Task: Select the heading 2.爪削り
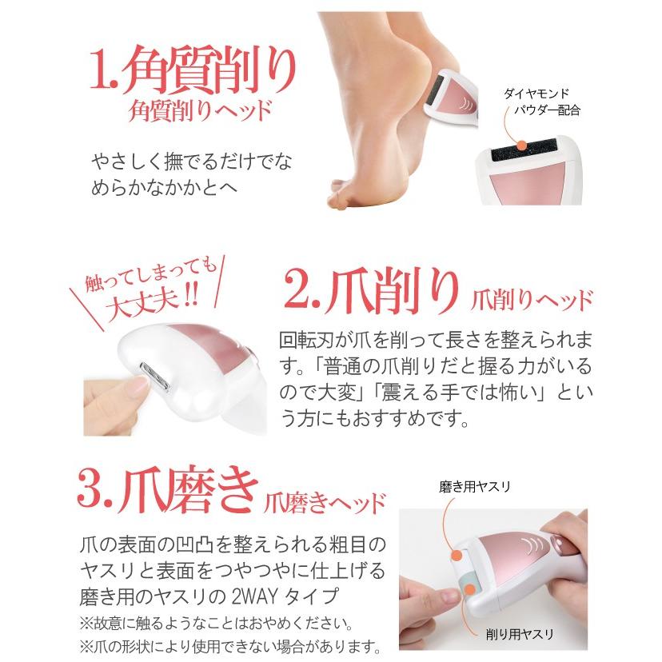[373, 293]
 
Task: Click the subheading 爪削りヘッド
[529, 301]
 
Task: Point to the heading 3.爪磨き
[168, 492]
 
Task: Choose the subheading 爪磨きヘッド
[325, 503]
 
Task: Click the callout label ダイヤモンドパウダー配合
[541, 102]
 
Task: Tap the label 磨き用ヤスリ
[473, 486]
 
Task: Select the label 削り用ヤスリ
[520, 636]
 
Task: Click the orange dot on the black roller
[521, 145]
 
